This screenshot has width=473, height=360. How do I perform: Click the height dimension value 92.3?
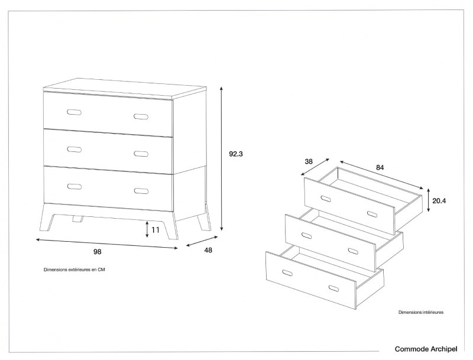click(x=236, y=154)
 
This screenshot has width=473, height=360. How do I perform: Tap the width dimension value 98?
click(x=98, y=252)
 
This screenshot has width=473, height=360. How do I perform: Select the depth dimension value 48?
click(x=208, y=250)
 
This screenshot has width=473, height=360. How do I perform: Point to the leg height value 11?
click(x=155, y=229)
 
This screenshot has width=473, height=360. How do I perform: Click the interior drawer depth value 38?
click(x=308, y=161)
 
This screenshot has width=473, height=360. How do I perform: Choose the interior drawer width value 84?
click(x=380, y=167)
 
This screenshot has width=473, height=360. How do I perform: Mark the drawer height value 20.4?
click(x=439, y=201)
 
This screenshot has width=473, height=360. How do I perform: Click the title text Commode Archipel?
click(x=426, y=349)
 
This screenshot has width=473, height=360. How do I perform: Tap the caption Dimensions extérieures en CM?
click(x=74, y=270)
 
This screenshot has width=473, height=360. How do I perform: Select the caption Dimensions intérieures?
click(x=420, y=312)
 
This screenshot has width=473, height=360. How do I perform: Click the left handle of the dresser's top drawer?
click(x=74, y=112)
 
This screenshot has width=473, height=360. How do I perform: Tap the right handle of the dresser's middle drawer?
click(x=141, y=154)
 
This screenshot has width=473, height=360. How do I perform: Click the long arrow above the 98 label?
click(x=106, y=244)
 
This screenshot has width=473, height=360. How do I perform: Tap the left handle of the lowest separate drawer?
click(x=288, y=273)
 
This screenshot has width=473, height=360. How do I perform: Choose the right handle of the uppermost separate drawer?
click(x=372, y=213)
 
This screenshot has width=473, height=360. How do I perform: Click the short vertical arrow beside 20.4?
click(x=427, y=201)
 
